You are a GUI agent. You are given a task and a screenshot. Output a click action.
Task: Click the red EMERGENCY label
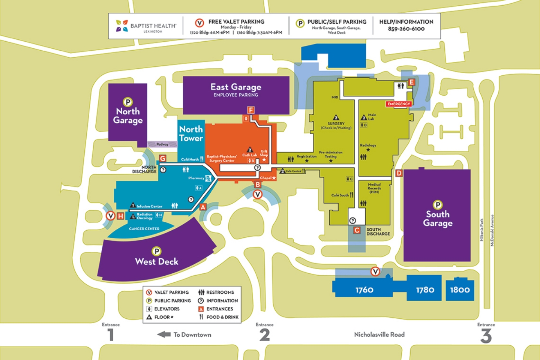click(x=399, y=104)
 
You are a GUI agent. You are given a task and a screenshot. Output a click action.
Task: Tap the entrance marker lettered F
click(x=251, y=110)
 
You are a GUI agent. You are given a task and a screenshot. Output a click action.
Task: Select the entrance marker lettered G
click(x=162, y=158)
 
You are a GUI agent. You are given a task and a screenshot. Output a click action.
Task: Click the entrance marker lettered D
click(x=399, y=173)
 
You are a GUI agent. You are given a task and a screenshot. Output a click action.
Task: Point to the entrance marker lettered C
click(x=357, y=230)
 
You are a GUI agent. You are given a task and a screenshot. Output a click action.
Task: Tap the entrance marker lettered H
click(x=121, y=216)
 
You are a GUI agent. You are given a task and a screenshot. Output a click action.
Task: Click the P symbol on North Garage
click(x=128, y=102)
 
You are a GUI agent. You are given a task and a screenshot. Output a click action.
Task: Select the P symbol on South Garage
click(x=438, y=205)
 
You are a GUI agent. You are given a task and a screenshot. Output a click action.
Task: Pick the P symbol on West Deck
click(x=156, y=251)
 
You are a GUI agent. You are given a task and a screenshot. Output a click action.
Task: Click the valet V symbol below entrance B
click(x=257, y=194)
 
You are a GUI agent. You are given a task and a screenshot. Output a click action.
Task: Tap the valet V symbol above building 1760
click(x=375, y=272)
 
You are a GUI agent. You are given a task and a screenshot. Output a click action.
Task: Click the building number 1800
click(x=460, y=290)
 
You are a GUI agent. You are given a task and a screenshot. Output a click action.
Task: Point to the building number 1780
click(x=425, y=290)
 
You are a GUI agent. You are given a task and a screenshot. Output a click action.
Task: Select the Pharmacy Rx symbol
click(x=208, y=178)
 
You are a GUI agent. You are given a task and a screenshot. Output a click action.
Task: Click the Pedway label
click(x=162, y=144)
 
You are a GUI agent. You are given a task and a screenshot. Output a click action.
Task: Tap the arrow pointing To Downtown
click(x=164, y=335)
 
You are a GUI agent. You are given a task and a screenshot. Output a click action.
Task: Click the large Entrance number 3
click(x=486, y=335)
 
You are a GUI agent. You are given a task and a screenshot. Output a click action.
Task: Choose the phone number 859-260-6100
click(x=406, y=29)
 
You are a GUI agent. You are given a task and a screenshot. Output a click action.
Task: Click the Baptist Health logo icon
click(x=122, y=26)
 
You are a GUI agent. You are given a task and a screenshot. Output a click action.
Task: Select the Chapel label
click(x=265, y=178)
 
